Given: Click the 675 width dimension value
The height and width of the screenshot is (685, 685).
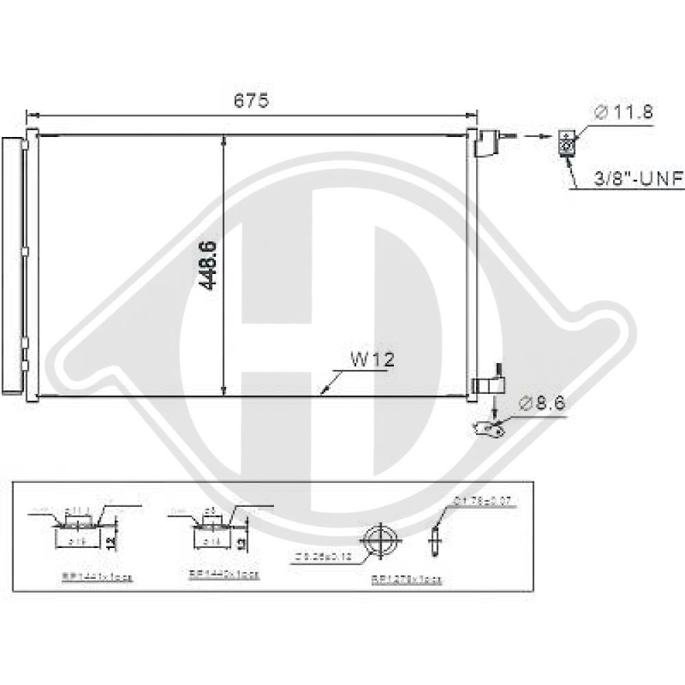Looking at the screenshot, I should coord(251,101).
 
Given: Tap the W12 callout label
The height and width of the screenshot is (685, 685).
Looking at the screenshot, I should coord(372,360).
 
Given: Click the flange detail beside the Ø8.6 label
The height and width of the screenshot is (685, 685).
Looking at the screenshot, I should coord(489,429).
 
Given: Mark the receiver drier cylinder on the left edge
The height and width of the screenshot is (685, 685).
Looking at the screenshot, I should coord(12,265).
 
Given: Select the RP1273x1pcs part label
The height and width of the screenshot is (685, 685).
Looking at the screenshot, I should coord(407,580).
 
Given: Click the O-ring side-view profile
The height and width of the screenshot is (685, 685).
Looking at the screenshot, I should coord(433,542).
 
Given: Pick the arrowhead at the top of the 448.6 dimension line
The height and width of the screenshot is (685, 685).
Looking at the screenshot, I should coord(225,140).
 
